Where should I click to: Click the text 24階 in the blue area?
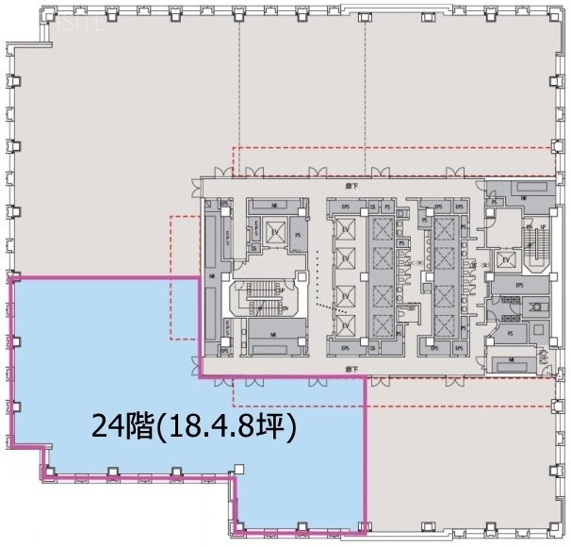tap(113, 428)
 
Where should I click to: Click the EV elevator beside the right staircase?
tap(507, 259)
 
